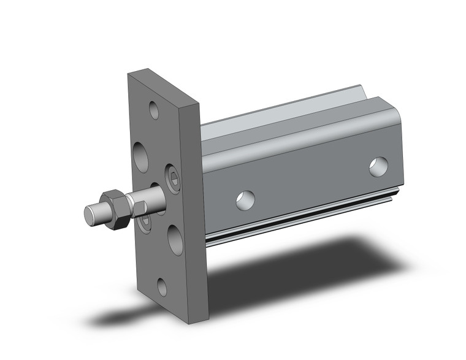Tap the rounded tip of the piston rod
point(91,215)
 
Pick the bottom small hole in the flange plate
point(162,286)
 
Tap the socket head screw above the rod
point(172,178)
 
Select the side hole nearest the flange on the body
point(245,200)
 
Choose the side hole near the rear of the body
point(378,166)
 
